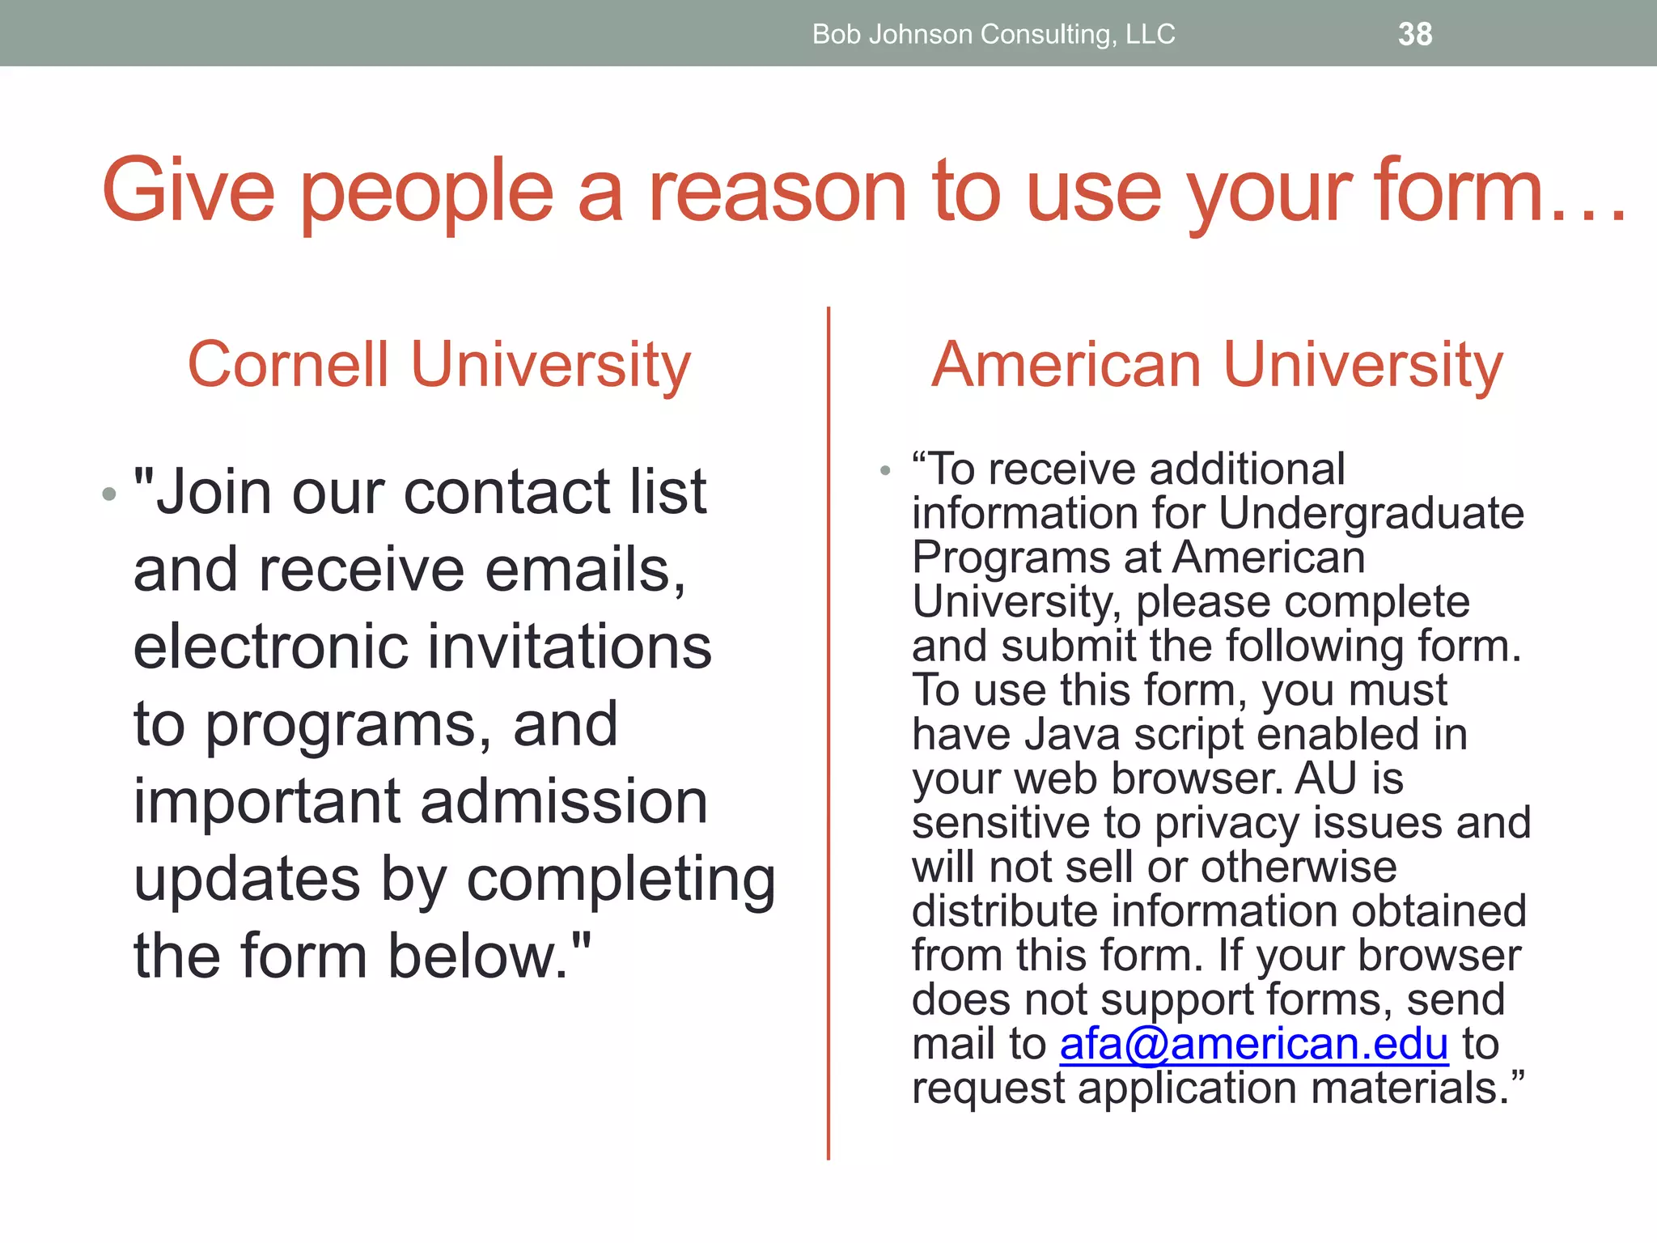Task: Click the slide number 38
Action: click(x=1415, y=34)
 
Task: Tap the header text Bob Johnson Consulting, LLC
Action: click(x=994, y=34)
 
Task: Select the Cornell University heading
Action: click(x=439, y=364)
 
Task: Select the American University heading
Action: click(x=1217, y=364)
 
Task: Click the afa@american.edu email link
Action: click(x=1253, y=1044)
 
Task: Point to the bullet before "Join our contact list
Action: click(x=110, y=494)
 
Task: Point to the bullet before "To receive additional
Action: click(x=885, y=470)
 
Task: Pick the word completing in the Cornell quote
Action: click(x=621, y=879)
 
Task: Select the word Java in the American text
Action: click(x=1072, y=735)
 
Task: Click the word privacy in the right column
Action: click(x=1227, y=823)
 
